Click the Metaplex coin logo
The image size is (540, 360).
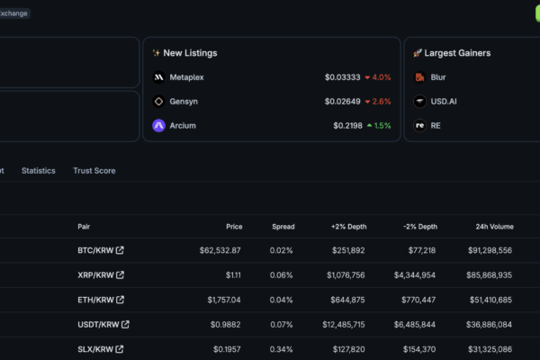tap(158, 77)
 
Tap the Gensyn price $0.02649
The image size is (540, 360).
tap(342, 102)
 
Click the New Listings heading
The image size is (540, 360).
tap(190, 53)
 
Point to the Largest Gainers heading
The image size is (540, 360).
tap(457, 53)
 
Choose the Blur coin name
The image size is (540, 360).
tap(438, 77)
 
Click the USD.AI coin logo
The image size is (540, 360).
tap(419, 102)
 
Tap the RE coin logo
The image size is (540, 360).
tap(419, 126)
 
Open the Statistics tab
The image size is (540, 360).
tap(38, 171)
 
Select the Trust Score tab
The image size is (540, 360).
tap(94, 171)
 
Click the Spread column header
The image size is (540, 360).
tap(283, 227)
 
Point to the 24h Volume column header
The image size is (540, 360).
tap(494, 227)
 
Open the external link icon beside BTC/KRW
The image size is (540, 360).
tap(120, 250)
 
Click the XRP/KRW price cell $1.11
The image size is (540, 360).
tap(233, 275)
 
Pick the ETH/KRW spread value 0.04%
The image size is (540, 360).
tap(281, 300)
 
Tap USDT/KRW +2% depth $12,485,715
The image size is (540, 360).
tap(344, 325)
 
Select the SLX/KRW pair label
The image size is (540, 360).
tap(95, 349)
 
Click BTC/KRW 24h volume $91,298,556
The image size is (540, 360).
tap(490, 250)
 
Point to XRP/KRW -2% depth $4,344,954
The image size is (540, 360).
tap(415, 275)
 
